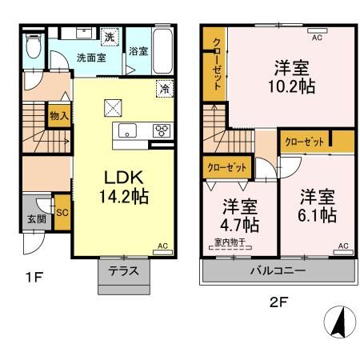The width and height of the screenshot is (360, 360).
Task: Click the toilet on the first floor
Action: (34, 46)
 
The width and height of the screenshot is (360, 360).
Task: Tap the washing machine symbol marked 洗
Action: (110, 37)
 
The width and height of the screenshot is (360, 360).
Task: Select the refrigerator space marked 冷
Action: (165, 89)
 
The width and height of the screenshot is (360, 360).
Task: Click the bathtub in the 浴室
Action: (162, 51)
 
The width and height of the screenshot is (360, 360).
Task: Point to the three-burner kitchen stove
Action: (162, 130)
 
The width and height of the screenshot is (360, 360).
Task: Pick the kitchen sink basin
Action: (127, 130)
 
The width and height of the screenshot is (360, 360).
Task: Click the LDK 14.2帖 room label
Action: (124, 187)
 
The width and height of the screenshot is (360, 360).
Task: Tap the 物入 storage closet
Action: (59, 116)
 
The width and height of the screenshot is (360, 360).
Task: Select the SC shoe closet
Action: (62, 213)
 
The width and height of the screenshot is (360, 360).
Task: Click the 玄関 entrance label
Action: (37, 219)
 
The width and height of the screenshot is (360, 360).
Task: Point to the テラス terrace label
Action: (124, 271)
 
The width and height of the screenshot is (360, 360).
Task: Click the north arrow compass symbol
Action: (340, 322)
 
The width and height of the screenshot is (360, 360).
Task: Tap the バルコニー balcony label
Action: (278, 271)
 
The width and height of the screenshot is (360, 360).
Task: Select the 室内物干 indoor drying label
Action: (230, 242)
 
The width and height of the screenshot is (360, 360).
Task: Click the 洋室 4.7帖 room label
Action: (239, 215)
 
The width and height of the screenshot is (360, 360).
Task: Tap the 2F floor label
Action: (278, 302)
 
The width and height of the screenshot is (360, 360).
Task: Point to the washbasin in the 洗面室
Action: (84, 34)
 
